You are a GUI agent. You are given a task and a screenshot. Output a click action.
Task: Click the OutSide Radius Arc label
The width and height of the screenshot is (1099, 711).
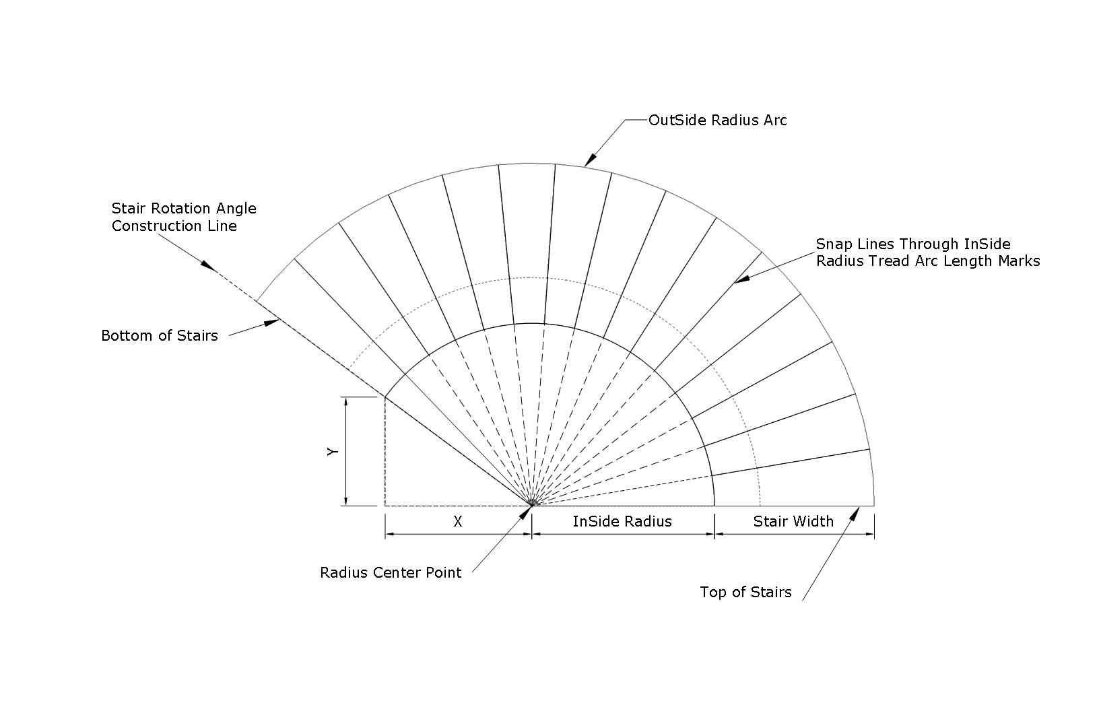[717, 121]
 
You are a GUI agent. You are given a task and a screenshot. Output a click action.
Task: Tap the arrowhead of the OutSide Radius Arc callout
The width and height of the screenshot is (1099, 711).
[590, 160]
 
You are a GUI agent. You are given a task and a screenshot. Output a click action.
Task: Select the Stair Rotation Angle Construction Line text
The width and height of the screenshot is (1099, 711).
[184, 217]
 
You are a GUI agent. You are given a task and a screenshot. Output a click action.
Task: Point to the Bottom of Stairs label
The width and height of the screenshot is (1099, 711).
[160, 335]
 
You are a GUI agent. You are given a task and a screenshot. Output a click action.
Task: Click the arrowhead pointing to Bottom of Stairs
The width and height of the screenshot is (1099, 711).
[272, 323]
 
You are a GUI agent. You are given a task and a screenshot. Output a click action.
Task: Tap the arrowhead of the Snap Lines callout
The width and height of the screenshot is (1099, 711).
[742, 279]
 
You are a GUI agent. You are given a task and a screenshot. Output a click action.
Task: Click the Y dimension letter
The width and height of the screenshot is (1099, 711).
[333, 451]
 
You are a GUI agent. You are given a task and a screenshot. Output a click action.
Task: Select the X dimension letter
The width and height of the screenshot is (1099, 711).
[458, 521]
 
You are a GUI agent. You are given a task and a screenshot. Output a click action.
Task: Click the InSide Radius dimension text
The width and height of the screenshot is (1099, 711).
[622, 521]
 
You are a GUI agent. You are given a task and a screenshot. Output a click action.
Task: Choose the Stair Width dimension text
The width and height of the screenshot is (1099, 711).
[793, 521]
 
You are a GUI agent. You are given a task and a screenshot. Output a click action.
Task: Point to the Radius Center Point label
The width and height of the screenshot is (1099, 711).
[391, 572]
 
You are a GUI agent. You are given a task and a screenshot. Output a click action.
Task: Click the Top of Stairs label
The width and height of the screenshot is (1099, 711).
[745, 592]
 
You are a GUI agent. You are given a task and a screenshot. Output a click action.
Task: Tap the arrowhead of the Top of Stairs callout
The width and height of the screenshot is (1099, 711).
[855, 514]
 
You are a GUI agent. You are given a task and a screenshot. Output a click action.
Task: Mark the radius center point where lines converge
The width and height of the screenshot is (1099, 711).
[532, 506]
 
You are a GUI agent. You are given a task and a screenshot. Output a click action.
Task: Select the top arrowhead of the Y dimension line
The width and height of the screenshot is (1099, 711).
[346, 403]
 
